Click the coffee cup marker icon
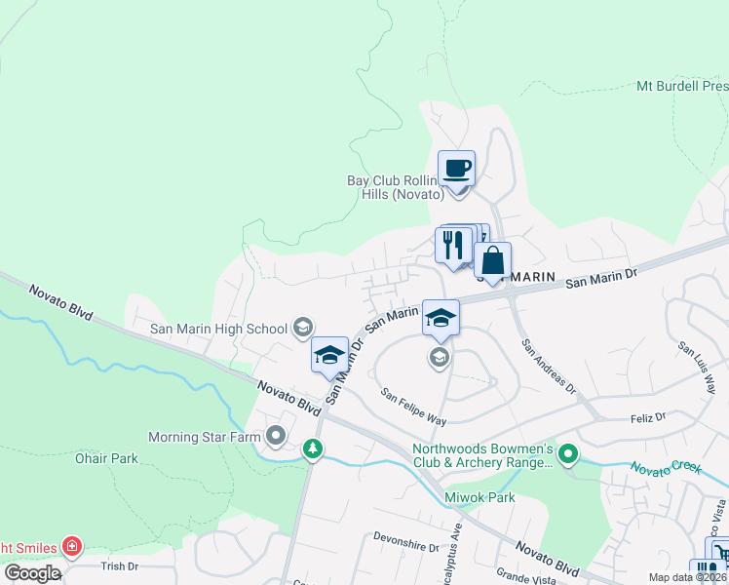coord(456,170)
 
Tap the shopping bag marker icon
coord(493,261)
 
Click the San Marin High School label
coord(218,329)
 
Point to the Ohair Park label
coord(107,458)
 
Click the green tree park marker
coord(312,448)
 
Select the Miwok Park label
coord(479,498)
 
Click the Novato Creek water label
coord(666,468)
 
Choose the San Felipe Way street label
coord(413,408)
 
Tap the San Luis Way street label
coord(696,361)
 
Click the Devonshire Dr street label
coord(407,541)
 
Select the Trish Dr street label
coord(121,565)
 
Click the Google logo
coord(32,572)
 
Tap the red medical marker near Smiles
coord(71,546)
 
